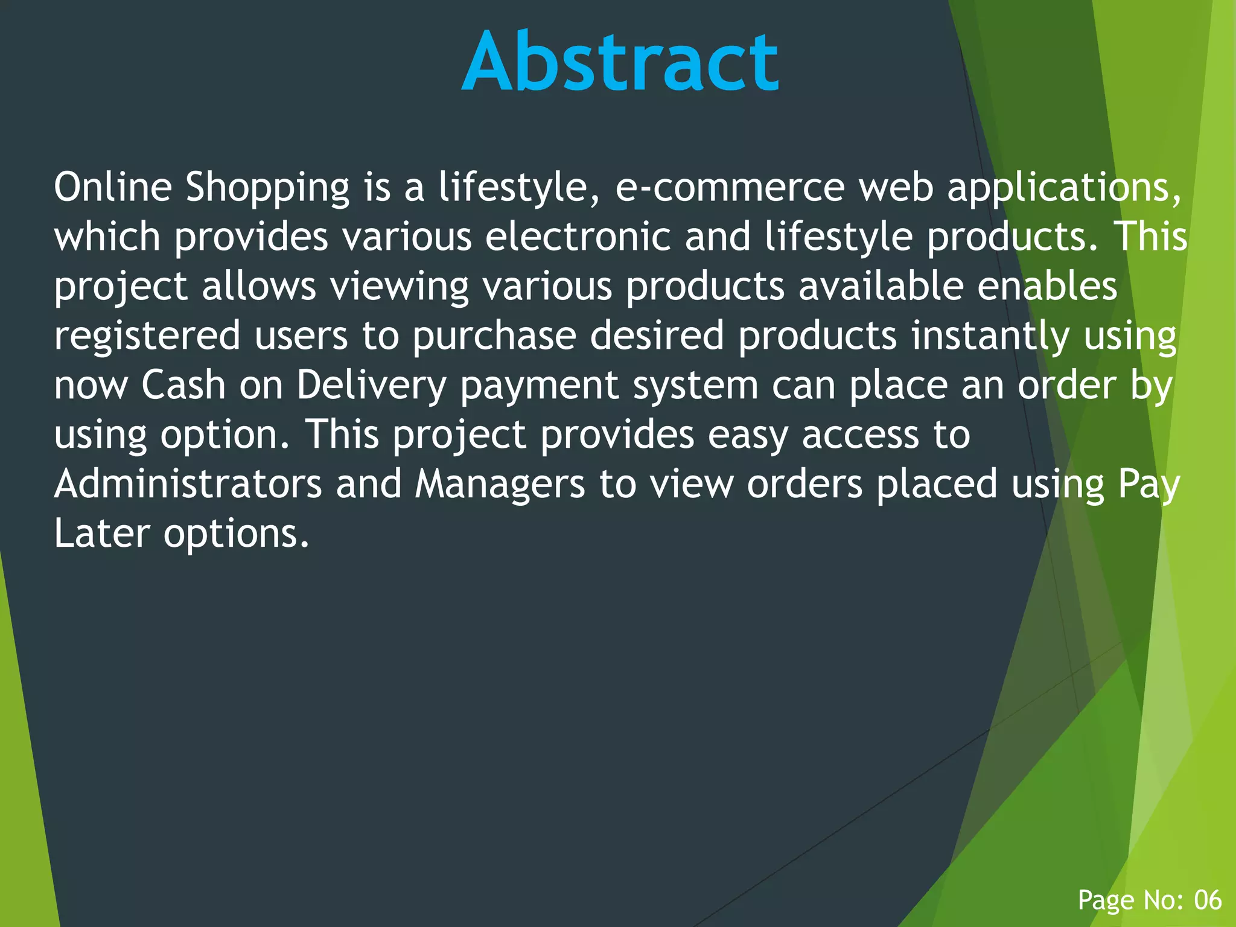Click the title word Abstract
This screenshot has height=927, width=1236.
tap(620, 62)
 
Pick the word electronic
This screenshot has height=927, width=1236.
tap(578, 237)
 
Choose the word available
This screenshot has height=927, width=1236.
tap(881, 286)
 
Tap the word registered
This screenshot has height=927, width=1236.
tap(147, 337)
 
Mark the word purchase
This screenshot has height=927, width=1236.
tap(494, 337)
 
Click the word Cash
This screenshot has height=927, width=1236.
tap(183, 385)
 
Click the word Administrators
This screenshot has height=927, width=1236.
tap(188, 484)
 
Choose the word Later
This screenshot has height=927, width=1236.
tap(101, 534)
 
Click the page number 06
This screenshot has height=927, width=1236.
tap(1208, 900)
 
